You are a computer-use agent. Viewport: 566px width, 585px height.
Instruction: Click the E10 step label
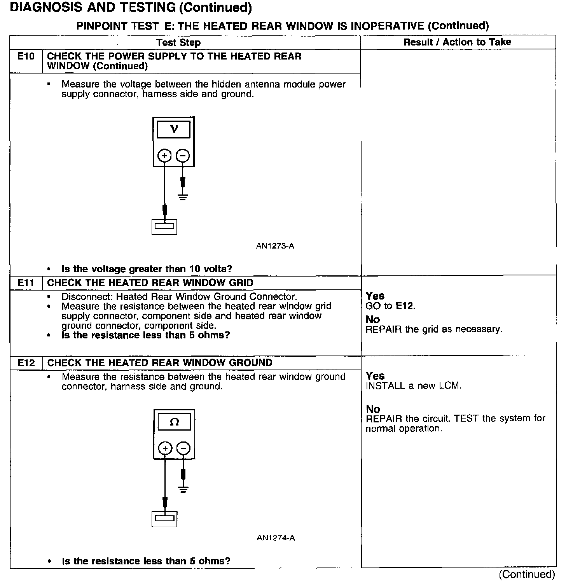(x=26, y=57)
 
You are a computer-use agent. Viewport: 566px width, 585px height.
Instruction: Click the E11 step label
(x=26, y=283)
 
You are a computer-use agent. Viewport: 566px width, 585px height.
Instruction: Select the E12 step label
(x=26, y=363)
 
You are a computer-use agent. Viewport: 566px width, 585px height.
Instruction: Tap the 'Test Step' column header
(x=178, y=43)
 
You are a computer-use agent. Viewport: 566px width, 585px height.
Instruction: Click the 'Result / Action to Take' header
(x=457, y=42)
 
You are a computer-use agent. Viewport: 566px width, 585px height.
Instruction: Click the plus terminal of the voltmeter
(x=164, y=156)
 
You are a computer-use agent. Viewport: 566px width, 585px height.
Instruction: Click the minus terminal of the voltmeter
(x=183, y=156)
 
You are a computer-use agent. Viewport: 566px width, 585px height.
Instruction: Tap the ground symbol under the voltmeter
(x=183, y=196)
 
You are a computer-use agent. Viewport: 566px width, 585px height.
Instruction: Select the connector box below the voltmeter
(x=164, y=226)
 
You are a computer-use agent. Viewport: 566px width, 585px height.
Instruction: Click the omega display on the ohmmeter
(x=174, y=422)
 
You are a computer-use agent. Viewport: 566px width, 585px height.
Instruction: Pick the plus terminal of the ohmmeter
(x=165, y=448)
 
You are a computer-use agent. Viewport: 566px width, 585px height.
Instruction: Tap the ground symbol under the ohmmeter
(x=183, y=489)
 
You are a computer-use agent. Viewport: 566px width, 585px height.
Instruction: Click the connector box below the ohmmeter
(x=164, y=519)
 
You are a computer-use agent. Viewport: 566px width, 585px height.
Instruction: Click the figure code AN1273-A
(x=275, y=246)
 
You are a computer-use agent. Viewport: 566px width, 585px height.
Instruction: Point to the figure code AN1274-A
(x=276, y=538)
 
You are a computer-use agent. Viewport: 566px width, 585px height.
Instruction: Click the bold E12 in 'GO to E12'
(x=405, y=306)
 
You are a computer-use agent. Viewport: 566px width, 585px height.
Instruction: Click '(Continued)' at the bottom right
(x=527, y=574)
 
